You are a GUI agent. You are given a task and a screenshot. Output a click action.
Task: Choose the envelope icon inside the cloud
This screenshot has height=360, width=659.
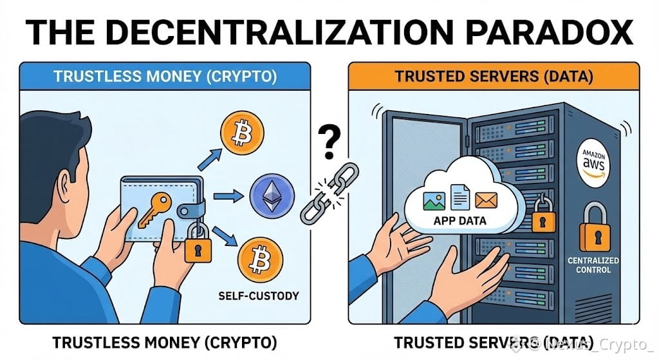pos(485,200)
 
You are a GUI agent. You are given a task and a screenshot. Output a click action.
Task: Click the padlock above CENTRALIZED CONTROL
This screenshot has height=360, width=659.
pos(593,229)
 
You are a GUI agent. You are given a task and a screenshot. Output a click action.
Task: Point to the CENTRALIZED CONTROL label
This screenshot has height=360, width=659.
pos(593,265)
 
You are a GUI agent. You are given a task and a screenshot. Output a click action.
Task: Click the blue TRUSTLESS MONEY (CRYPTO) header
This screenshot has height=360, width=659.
pos(165,75)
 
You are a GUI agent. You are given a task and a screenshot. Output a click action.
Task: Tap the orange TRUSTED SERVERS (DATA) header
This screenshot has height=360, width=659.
pos(494,75)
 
